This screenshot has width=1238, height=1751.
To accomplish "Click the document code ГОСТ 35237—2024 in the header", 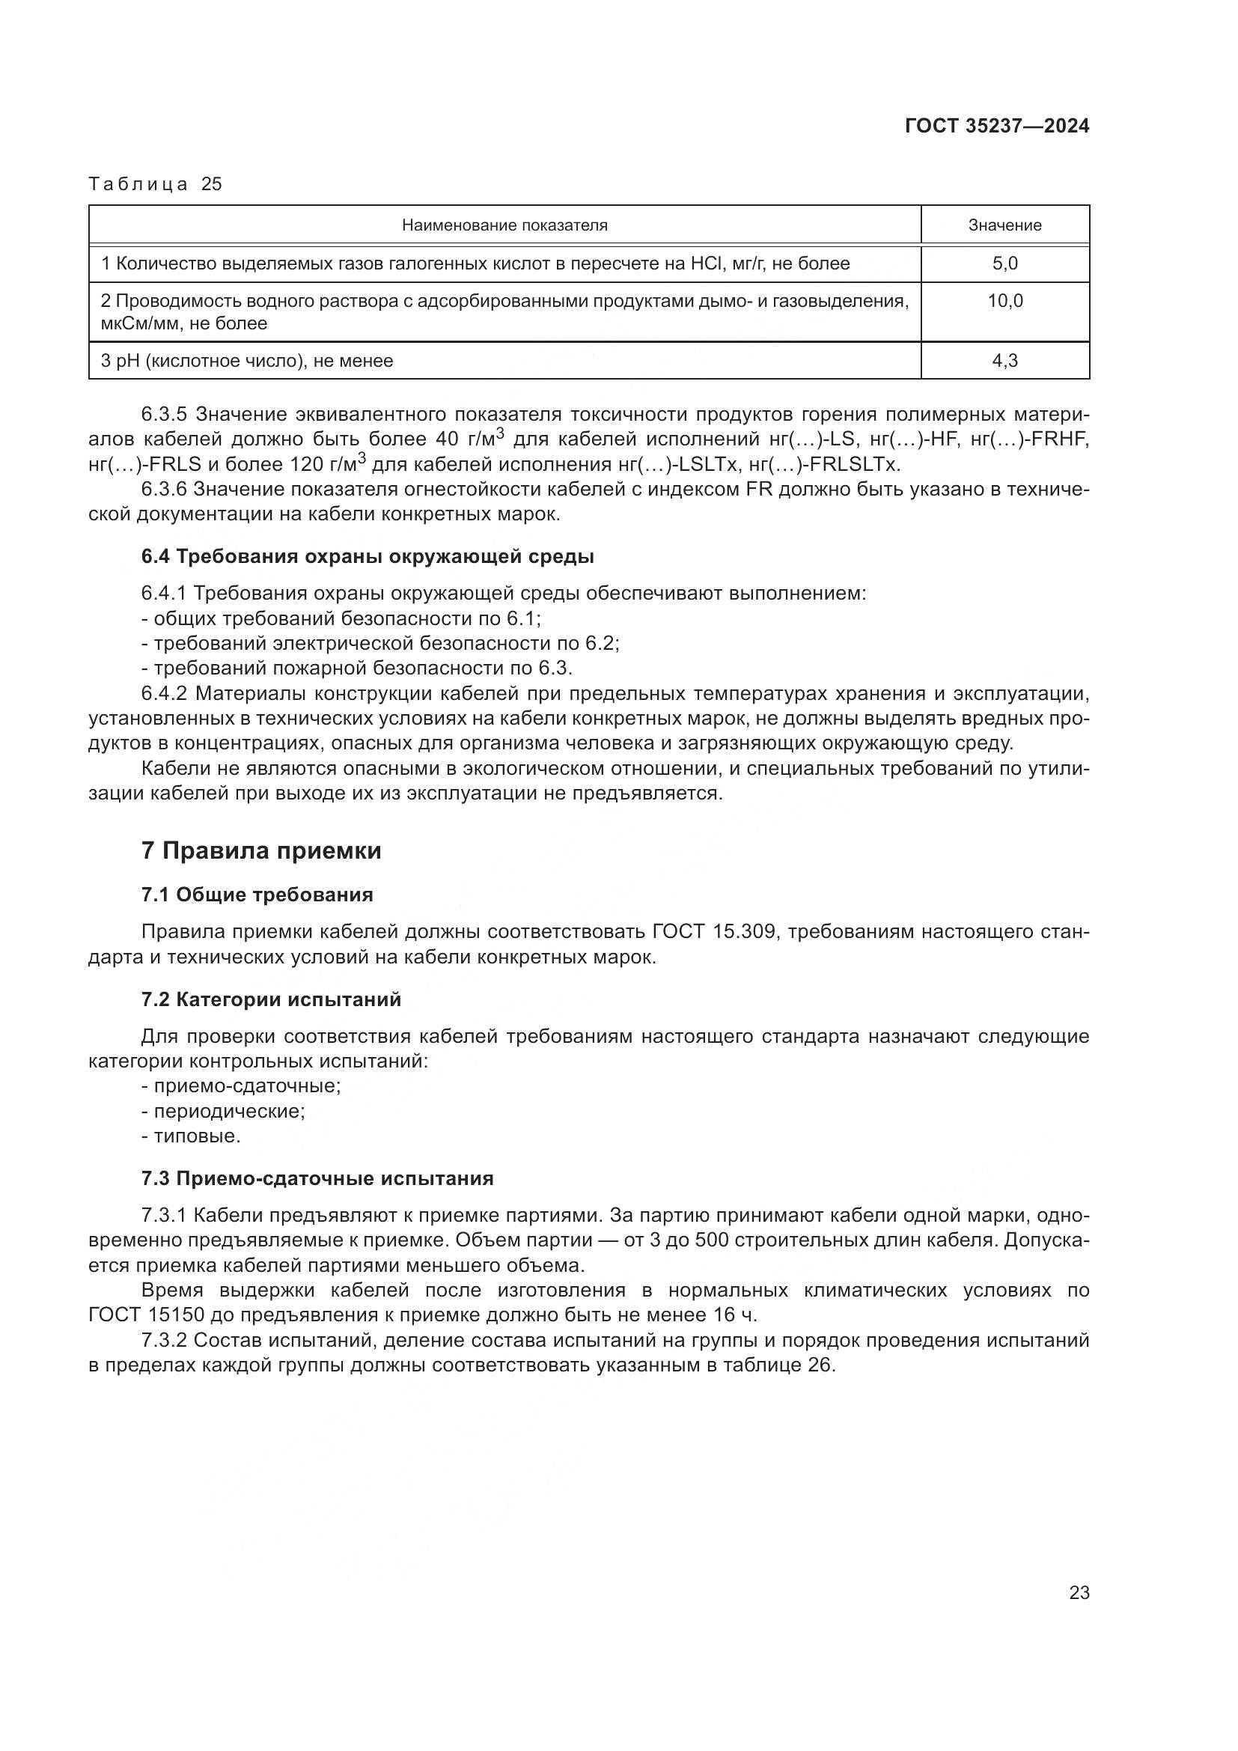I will pyautogui.click(x=996, y=126).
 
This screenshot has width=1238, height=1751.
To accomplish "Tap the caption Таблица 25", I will pyautogui.click(x=155, y=184).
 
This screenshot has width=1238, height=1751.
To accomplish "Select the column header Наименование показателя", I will pyautogui.click(x=504, y=225).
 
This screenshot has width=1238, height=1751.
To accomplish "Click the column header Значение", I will pyautogui.click(x=1004, y=225).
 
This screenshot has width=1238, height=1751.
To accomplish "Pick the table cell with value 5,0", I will pyautogui.click(x=1004, y=264).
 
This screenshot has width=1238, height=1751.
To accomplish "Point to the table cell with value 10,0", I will pyautogui.click(x=1004, y=301).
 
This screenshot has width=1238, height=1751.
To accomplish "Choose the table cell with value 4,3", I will pyautogui.click(x=1004, y=361).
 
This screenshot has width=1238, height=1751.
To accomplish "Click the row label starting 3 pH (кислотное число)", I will pyautogui.click(x=247, y=361).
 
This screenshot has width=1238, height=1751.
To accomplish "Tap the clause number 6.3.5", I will pyautogui.click(x=163, y=415).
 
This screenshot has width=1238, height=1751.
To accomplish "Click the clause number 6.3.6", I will pyautogui.click(x=163, y=490).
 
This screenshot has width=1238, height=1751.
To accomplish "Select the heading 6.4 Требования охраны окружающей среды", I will pyautogui.click(x=368, y=557).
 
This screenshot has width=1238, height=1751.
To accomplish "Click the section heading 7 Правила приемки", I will pyautogui.click(x=260, y=851).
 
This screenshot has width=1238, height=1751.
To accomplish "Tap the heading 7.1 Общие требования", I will pyautogui.click(x=257, y=895).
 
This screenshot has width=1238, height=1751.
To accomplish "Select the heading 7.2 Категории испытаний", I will pyautogui.click(x=271, y=1000).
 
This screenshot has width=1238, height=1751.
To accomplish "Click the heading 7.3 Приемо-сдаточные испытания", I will pyautogui.click(x=317, y=1179).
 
